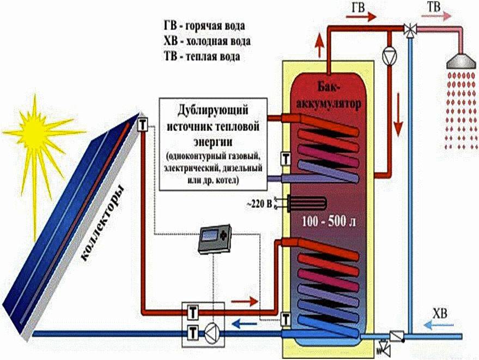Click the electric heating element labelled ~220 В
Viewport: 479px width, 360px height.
click(x=304, y=203)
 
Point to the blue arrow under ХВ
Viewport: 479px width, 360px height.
click(x=439, y=326)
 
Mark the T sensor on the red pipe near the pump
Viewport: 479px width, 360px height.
click(x=193, y=313)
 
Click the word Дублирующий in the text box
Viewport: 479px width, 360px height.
click(x=213, y=109)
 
